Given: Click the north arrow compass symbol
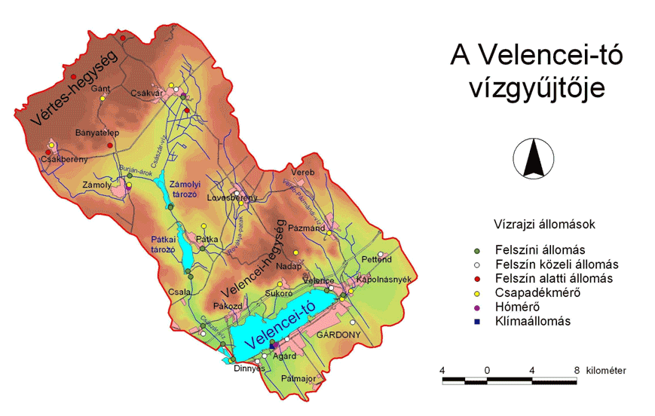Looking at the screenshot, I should (x=532, y=159).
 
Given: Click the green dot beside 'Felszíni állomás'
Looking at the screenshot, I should (x=476, y=249).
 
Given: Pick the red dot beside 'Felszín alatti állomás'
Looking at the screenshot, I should (x=476, y=278).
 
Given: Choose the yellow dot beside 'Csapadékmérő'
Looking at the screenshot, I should (x=476, y=292).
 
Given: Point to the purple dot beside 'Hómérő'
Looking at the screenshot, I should (x=476, y=307).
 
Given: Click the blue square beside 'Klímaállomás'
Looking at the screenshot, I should (x=476, y=321).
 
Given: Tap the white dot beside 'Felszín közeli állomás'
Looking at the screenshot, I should (x=476, y=264).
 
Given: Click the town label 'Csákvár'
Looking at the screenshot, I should (x=147, y=93).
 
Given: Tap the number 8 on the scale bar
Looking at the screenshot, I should (x=577, y=370).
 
